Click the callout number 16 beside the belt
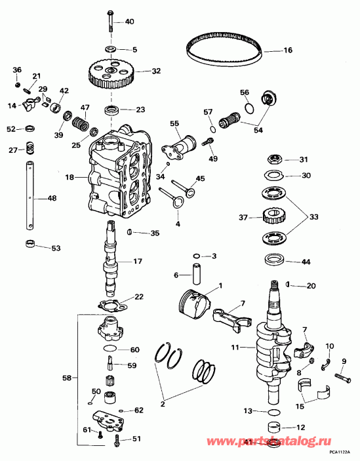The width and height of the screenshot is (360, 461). (287, 50)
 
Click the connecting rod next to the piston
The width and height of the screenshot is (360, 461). (230, 317)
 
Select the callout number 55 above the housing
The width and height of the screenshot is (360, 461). (174, 123)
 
